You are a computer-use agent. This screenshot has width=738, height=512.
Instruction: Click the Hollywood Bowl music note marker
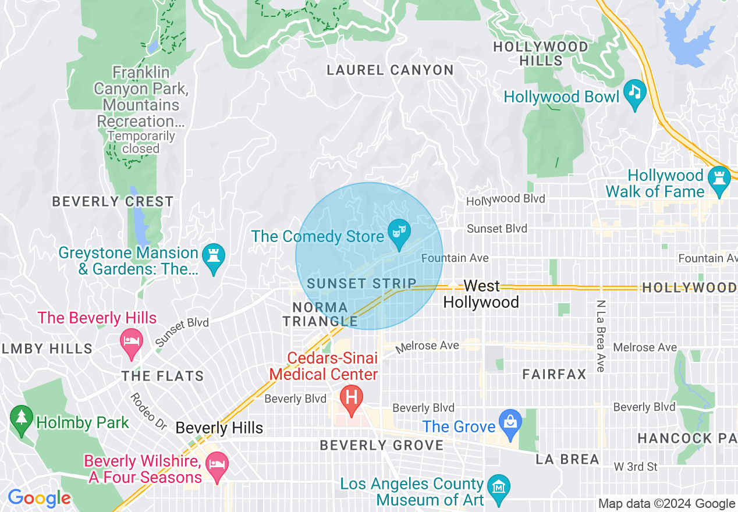click(634, 92)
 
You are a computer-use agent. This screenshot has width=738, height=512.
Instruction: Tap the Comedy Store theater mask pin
click(399, 232)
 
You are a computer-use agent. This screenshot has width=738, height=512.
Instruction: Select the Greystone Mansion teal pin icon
click(214, 256)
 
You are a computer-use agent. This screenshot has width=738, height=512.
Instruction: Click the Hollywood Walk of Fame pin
click(719, 179)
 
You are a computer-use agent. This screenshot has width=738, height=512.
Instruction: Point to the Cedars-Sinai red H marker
click(352, 399)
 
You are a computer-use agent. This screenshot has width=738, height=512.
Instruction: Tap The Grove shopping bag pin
click(510, 422)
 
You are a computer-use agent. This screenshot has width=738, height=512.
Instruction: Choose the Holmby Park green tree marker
click(22, 418)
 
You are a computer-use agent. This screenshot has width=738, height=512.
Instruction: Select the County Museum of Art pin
click(499, 488)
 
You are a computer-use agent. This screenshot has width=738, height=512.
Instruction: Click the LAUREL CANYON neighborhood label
click(390, 70)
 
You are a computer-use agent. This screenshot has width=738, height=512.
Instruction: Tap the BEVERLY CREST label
click(113, 202)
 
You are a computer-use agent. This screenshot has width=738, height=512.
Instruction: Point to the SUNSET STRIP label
click(361, 284)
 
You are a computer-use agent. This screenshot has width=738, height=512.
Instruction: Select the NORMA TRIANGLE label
click(321, 314)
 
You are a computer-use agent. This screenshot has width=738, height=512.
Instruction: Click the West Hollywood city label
click(481, 294)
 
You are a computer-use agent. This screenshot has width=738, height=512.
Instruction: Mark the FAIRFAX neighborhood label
click(554, 374)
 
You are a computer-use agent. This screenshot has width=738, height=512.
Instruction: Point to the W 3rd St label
click(636, 467)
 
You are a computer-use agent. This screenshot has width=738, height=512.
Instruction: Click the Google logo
click(39, 499)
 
